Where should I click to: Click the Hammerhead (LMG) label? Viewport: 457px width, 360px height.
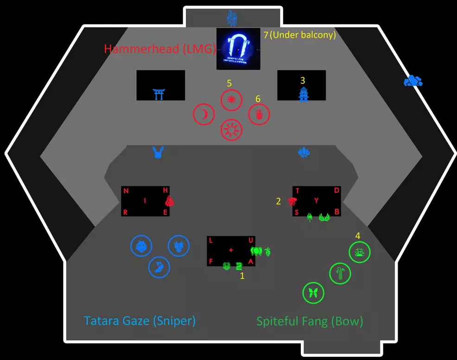tap(160, 49)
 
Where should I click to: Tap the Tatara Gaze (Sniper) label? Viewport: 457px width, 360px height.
tap(140, 321)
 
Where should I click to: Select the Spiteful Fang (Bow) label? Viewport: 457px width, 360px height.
tap(310, 321)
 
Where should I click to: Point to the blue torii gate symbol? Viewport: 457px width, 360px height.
tap(159, 94)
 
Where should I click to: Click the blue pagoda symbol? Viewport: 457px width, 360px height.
tap(303, 94)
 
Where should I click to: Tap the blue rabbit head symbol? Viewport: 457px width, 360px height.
tap(158, 152)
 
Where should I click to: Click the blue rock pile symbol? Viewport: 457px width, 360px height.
tap(413, 82)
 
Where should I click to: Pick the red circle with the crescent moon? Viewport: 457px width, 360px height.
tap(204, 115)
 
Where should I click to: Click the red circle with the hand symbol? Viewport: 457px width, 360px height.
tap(259, 114)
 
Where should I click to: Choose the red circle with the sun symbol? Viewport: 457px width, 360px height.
tap(231, 130)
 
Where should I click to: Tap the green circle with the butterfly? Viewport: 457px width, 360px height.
tap(313, 293)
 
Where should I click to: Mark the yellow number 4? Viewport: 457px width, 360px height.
tap(358, 236)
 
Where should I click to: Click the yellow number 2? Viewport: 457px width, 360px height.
tap(279, 201)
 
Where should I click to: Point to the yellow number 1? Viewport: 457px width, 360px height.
tap(242, 276)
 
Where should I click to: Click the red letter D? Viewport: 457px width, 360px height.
tap(337, 191)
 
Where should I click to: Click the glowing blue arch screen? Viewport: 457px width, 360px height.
tap(238, 49)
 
